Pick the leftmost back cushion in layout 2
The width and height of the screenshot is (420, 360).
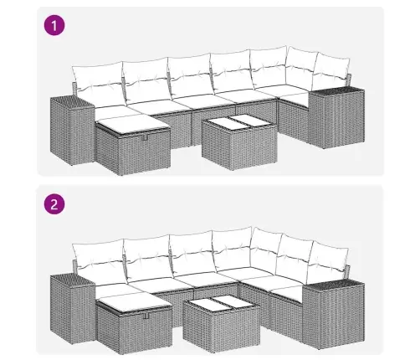[x=97, y=257]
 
